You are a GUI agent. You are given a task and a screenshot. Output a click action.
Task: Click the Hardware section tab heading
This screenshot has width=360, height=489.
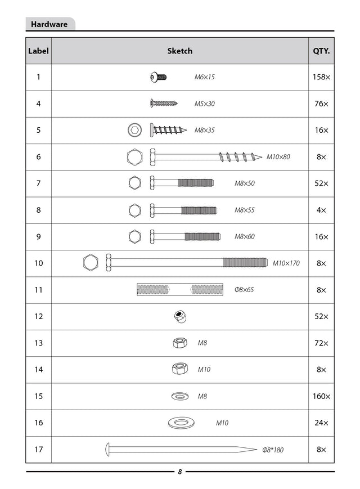click(x=49, y=24)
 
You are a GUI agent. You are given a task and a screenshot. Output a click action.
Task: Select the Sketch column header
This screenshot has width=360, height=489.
click(x=179, y=51)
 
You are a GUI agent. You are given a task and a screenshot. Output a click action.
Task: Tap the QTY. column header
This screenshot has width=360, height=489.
click(x=321, y=51)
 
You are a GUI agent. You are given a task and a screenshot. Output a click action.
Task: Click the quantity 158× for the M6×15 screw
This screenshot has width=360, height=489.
click(x=321, y=77)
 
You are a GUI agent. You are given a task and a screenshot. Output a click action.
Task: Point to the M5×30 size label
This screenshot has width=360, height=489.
click(x=204, y=104)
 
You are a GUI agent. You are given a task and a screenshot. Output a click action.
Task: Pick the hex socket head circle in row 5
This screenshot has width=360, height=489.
click(x=135, y=131)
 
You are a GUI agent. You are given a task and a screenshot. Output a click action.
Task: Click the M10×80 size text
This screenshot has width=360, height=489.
click(x=278, y=157)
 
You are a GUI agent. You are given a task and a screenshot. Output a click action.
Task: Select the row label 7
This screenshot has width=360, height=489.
click(x=38, y=183)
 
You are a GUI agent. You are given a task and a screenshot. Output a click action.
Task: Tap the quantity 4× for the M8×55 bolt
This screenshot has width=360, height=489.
click(x=321, y=210)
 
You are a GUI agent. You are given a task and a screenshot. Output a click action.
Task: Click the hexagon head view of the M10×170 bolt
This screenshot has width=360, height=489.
click(x=90, y=263)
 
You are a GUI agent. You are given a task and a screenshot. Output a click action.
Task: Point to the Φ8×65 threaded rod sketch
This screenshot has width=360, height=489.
click(x=179, y=290)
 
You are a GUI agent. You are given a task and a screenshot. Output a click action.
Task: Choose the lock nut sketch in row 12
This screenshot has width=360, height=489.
click(x=180, y=316)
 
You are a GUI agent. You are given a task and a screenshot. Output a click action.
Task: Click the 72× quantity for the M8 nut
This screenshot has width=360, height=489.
click(x=321, y=343)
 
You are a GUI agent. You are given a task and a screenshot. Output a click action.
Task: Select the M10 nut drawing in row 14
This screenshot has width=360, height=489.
click(x=179, y=369)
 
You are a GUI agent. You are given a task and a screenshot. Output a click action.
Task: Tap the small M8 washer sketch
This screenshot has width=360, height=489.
click(x=180, y=396)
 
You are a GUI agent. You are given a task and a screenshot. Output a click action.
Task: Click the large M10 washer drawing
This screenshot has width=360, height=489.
click(x=181, y=423)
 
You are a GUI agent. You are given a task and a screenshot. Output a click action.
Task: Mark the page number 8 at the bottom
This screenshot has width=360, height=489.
click(x=179, y=472)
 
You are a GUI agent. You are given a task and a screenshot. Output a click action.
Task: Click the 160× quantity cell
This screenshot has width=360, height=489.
click(x=321, y=396)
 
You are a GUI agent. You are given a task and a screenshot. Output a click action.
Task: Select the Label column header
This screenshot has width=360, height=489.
click(x=38, y=51)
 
